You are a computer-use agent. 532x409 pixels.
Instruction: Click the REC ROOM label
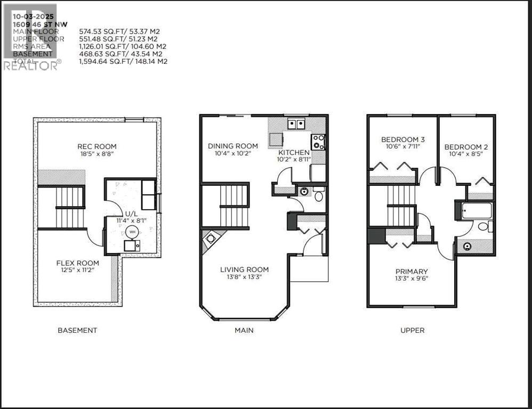[x=96, y=146]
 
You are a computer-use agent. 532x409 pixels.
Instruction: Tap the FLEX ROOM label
[x=78, y=263]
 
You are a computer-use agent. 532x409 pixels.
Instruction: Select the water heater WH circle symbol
[x=131, y=231]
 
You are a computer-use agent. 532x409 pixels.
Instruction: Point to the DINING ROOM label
[x=232, y=146]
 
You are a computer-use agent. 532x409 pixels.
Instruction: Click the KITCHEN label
[x=294, y=152]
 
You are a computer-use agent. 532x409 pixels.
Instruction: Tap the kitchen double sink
[x=296, y=125]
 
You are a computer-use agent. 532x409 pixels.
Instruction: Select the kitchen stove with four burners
[x=318, y=142]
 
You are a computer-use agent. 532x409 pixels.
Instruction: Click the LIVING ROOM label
[x=244, y=269]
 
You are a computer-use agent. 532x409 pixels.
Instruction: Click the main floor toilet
[x=319, y=195]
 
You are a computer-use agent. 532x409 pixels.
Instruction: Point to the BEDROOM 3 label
[x=399, y=140]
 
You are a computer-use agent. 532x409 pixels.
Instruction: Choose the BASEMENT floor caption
[x=77, y=330]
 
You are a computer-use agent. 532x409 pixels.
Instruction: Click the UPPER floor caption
[x=413, y=330]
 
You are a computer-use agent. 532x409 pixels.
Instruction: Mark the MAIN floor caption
[x=244, y=330]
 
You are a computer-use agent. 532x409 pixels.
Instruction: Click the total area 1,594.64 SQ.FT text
[x=123, y=61]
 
